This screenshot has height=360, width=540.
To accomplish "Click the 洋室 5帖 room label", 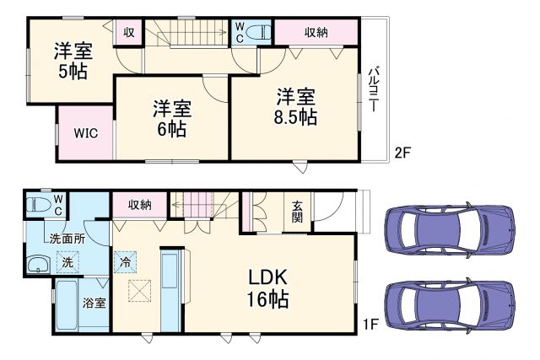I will pos(73,60).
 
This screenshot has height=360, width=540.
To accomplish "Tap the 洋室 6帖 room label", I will pos(171,119).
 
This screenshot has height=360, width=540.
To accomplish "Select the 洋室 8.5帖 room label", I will pos(293,107).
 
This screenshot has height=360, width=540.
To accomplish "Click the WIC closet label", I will pos(84,132).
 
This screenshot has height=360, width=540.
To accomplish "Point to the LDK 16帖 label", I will pos(268,287).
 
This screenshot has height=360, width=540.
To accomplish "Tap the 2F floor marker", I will pos(403,153).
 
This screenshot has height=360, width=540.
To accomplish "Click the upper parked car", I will pos(449,230).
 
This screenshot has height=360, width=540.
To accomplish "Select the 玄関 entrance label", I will pos(298,212).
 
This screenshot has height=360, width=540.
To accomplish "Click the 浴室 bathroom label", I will pos(94,303).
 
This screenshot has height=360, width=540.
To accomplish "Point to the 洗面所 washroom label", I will pos(67,239).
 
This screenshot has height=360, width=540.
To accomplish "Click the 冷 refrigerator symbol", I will pos(124,261).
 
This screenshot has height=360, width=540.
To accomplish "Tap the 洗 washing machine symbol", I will pos(67,263).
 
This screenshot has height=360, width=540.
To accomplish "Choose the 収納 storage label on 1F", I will pos(140,205).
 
